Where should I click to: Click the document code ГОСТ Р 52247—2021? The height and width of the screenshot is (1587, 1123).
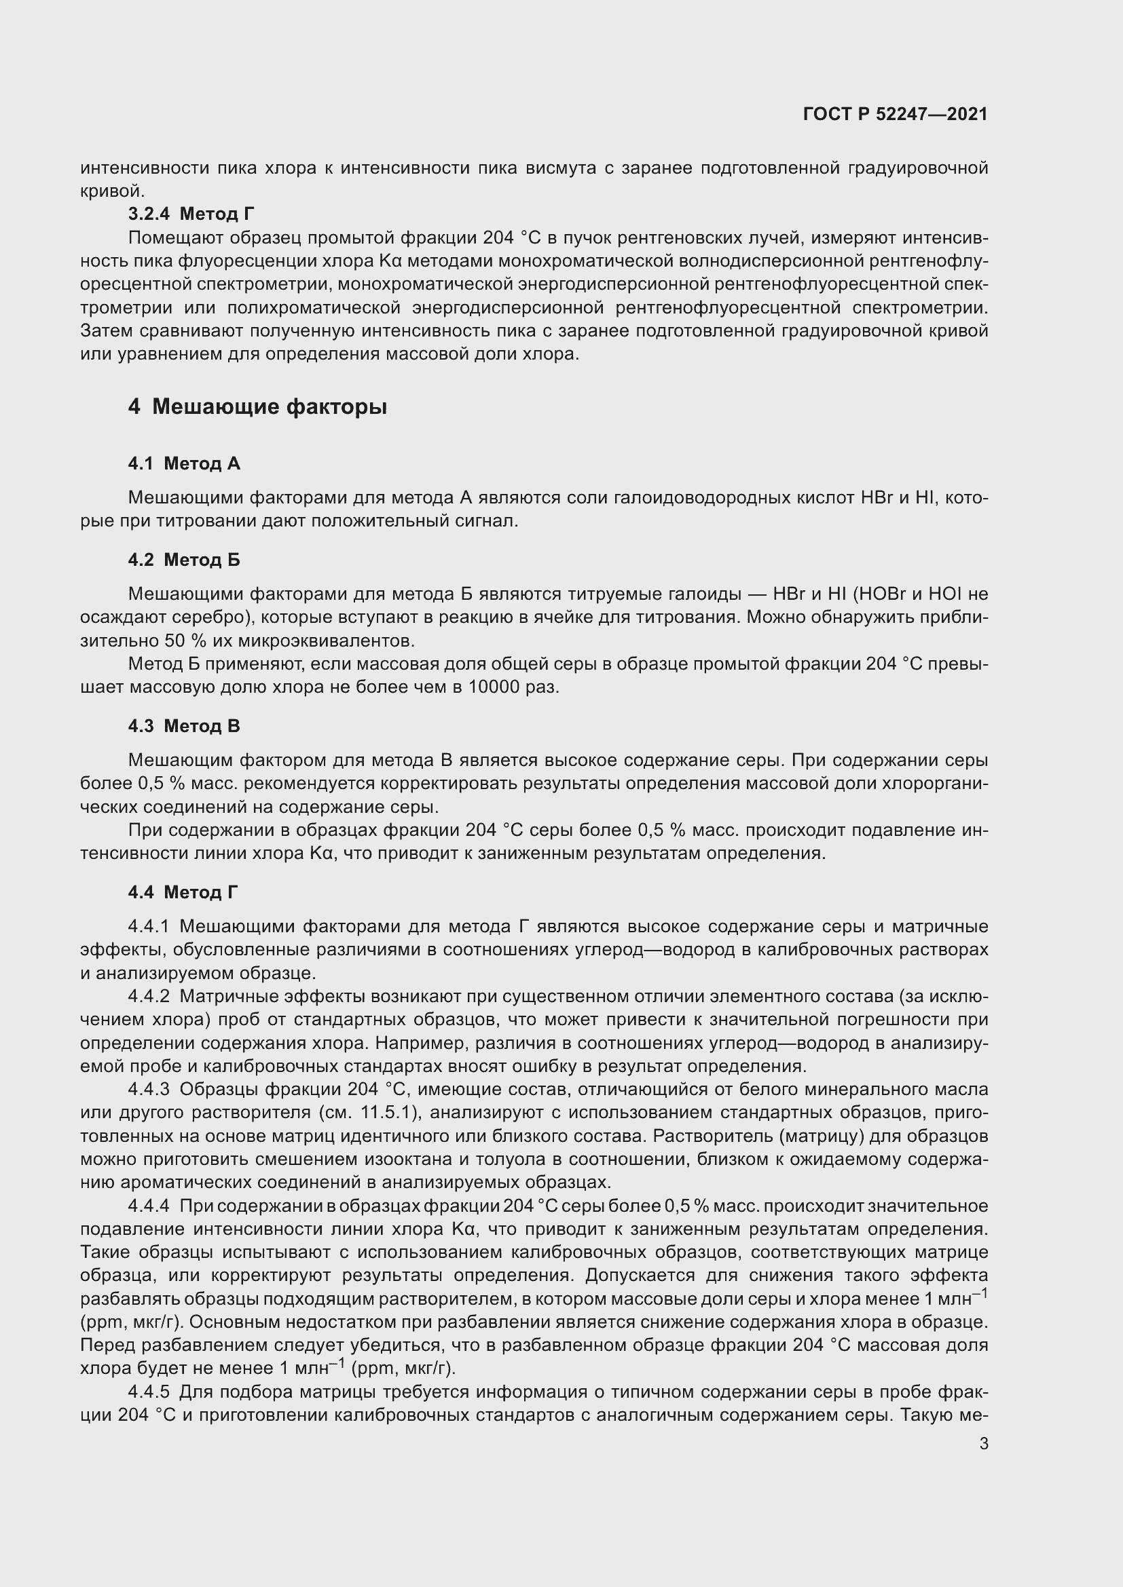(895, 115)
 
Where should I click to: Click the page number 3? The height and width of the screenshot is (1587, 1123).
(983, 1443)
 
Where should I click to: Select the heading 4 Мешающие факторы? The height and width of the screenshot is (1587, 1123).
(257, 406)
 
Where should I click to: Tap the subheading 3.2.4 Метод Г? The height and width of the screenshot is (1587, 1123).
(191, 214)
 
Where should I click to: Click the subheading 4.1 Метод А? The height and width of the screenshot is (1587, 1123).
(184, 463)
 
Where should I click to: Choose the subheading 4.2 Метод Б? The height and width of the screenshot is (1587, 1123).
(184, 559)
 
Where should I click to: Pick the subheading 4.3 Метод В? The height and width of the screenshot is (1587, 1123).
(184, 726)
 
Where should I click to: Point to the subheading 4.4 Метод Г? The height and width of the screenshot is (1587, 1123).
(183, 892)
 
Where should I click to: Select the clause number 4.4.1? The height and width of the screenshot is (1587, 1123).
(149, 926)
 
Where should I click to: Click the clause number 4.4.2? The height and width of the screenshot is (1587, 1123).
(149, 996)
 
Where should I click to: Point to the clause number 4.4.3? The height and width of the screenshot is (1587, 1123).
(149, 1090)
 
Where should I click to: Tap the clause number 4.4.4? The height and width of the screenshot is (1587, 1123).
(149, 1206)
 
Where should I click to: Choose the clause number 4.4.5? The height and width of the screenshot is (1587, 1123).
(149, 1392)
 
